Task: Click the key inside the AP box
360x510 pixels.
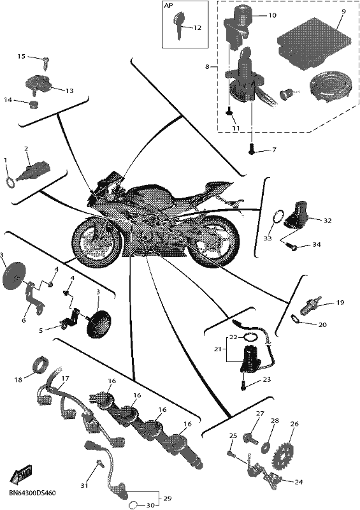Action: click(x=178, y=24)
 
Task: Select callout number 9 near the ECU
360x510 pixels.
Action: click(x=343, y=11)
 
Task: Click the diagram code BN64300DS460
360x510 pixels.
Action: click(x=32, y=493)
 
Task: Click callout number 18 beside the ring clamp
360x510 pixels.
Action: click(x=18, y=379)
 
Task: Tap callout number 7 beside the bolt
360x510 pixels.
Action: click(x=274, y=150)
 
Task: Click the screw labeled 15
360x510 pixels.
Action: click(x=47, y=62)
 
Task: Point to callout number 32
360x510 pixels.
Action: click(x=327, y=221)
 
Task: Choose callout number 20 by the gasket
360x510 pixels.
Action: click(x=322, y=324)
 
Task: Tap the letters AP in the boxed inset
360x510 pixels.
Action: click(x=169, y=6)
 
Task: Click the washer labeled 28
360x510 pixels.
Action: click(x=266, y=447)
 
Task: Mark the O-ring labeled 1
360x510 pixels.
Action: click(x=10, y=182)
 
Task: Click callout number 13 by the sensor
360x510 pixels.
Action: click(x=69, y=91)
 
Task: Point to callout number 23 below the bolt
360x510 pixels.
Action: click(x=267, y=379)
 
